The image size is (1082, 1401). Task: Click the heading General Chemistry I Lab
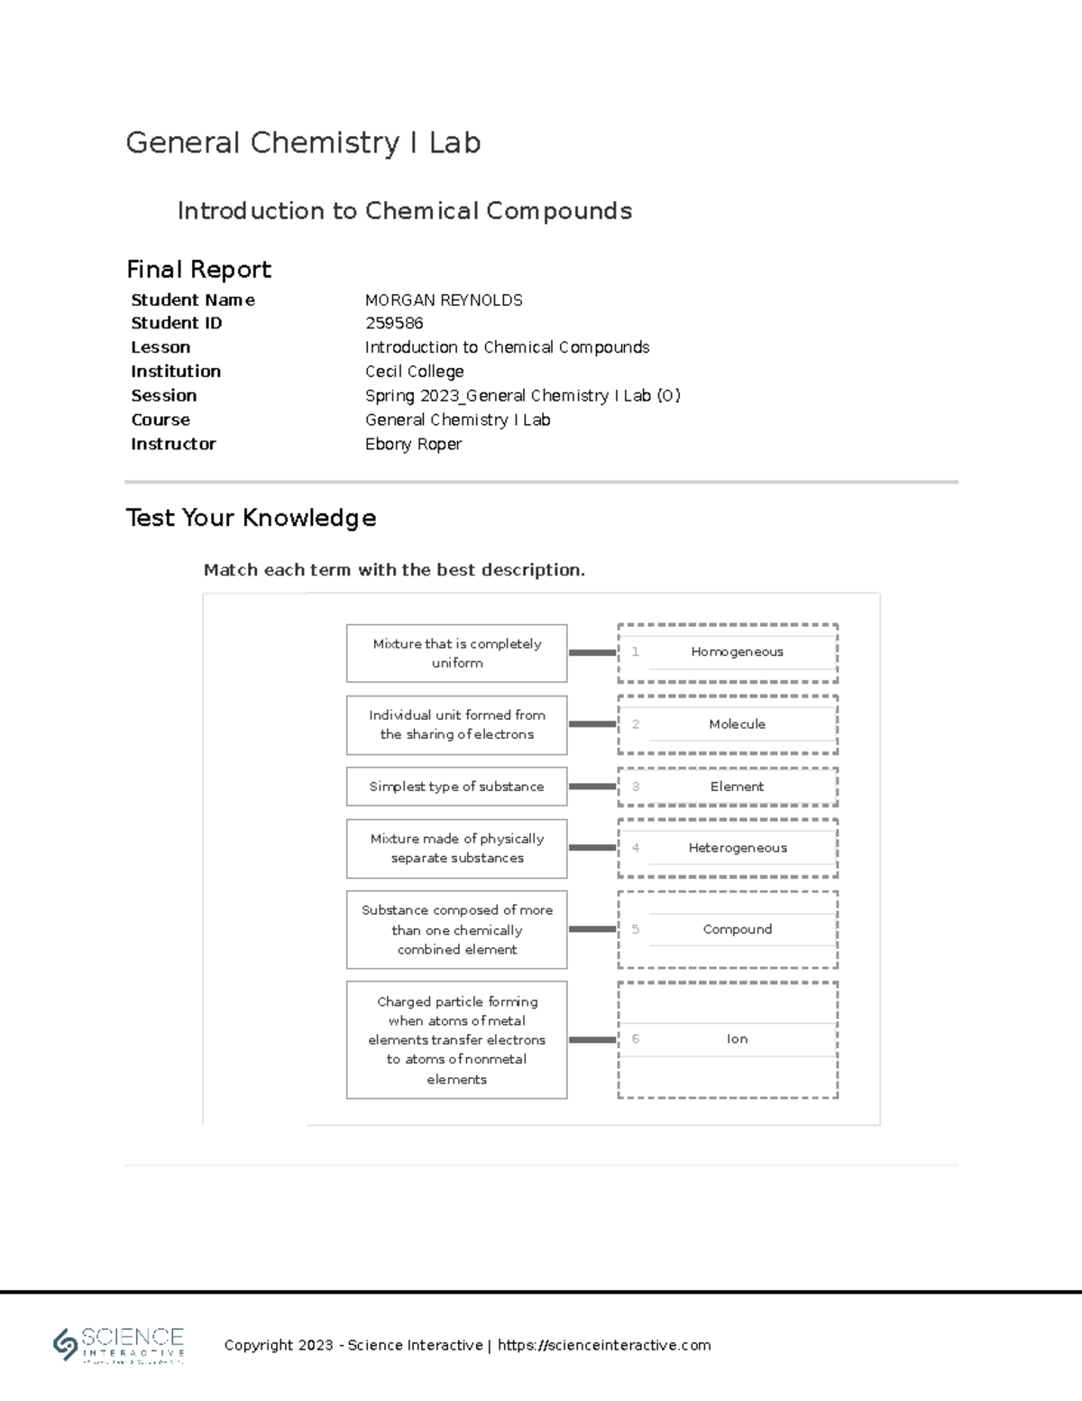pos(303,143)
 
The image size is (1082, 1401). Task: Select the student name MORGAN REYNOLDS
pos(443,300)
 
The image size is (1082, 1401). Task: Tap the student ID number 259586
pos(394,323)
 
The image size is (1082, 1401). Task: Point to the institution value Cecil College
pos(414,372)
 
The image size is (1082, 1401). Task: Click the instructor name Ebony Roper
pos(413,444)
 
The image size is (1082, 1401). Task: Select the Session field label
pos(163,396)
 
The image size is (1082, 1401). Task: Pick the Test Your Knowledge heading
pos(251,518)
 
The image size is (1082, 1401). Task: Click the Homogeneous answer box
pos(737,652)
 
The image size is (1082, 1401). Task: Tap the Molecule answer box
pos(737,724)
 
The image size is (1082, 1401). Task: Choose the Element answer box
pos(737,787)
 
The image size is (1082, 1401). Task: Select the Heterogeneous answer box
pos(737,848)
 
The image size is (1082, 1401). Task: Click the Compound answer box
pos(737,929)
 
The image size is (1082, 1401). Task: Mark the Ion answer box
pos(737,1039)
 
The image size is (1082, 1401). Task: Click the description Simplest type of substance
pos(456,787)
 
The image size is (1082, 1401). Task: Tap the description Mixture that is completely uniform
pos(456,653)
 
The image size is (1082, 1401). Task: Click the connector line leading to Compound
pos(592,929)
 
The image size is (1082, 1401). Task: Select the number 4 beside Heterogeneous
pos(636,848)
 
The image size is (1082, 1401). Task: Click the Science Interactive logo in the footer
pos(119,1345)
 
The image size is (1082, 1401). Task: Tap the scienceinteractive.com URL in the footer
pos(604,1345)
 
